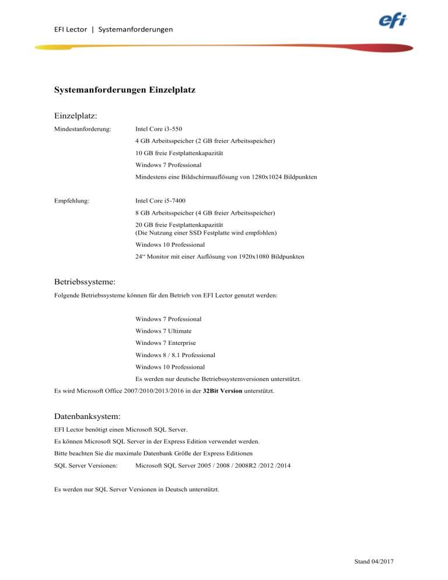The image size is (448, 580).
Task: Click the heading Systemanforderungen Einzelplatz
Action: pyautogui.click(x=124, y=90)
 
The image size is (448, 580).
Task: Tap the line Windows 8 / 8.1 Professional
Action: pyautogui.click(x=175, y=355)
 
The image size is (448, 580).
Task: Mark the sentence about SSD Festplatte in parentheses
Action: pyautogui.click(x=205, y=233)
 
